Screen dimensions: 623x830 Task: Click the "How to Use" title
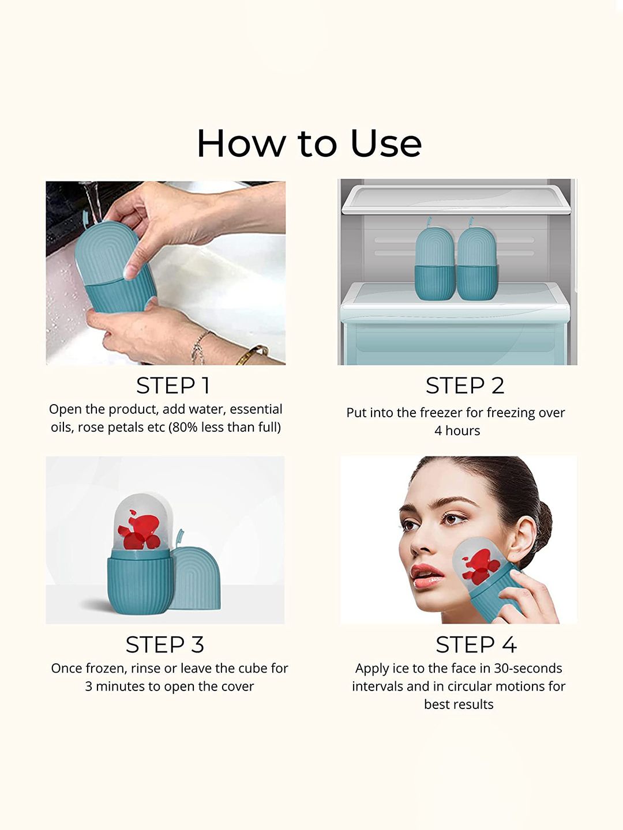pyautogui.click(x=309, y=144)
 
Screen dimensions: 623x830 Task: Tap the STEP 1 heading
pyautogui.click(x=173, y=386)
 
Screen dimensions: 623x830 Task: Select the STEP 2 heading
pyautogui.click(x=465, y=386)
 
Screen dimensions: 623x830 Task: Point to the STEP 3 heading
pyautogui.click(x=165, y=644)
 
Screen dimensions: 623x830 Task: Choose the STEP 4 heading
pyautogui.click(x=476, y=644)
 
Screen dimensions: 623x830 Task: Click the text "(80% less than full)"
pyautogui.click(x=225, y=427)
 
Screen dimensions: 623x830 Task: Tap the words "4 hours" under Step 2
pyautogui.click(x=457, y=431)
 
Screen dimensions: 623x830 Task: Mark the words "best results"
pyautogui.click(x=459, y=704)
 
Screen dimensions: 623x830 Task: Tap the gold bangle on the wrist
pyautogui.click(x=251, y=354)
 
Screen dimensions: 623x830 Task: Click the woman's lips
pyautogui.click(x=427, y=575)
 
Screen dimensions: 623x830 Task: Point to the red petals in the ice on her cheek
pyautogui.click(x=481, y=566)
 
